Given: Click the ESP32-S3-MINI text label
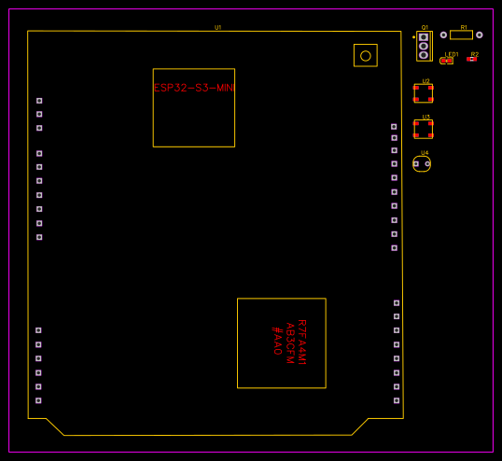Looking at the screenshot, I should click(194, 88).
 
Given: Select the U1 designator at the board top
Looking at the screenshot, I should click(218, 27).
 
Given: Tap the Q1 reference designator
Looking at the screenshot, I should click(425, 27).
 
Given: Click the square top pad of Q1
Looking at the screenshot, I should click(424, 37).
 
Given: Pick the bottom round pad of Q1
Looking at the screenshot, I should click(424, 54).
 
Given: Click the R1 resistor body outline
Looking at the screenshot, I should click(461, 35).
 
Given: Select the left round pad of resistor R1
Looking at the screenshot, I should click(443, 35).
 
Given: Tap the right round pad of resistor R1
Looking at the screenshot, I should click(480, 35).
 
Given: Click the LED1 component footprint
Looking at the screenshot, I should click(447, 61).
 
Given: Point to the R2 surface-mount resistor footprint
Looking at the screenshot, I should click(473, 60).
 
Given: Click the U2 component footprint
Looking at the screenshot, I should click(424, 93).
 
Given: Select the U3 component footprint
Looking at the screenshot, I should click(424, 129).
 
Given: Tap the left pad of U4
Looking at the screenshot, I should click(416, 164).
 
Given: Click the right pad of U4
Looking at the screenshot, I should click(427, 164).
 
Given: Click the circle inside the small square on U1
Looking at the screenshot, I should click(366, 56).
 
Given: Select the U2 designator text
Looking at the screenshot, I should click(425, 81).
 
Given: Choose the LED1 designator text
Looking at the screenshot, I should click(451, 54).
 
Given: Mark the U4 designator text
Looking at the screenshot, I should click(425, 152).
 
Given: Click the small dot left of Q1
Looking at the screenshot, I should click(413, 37).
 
